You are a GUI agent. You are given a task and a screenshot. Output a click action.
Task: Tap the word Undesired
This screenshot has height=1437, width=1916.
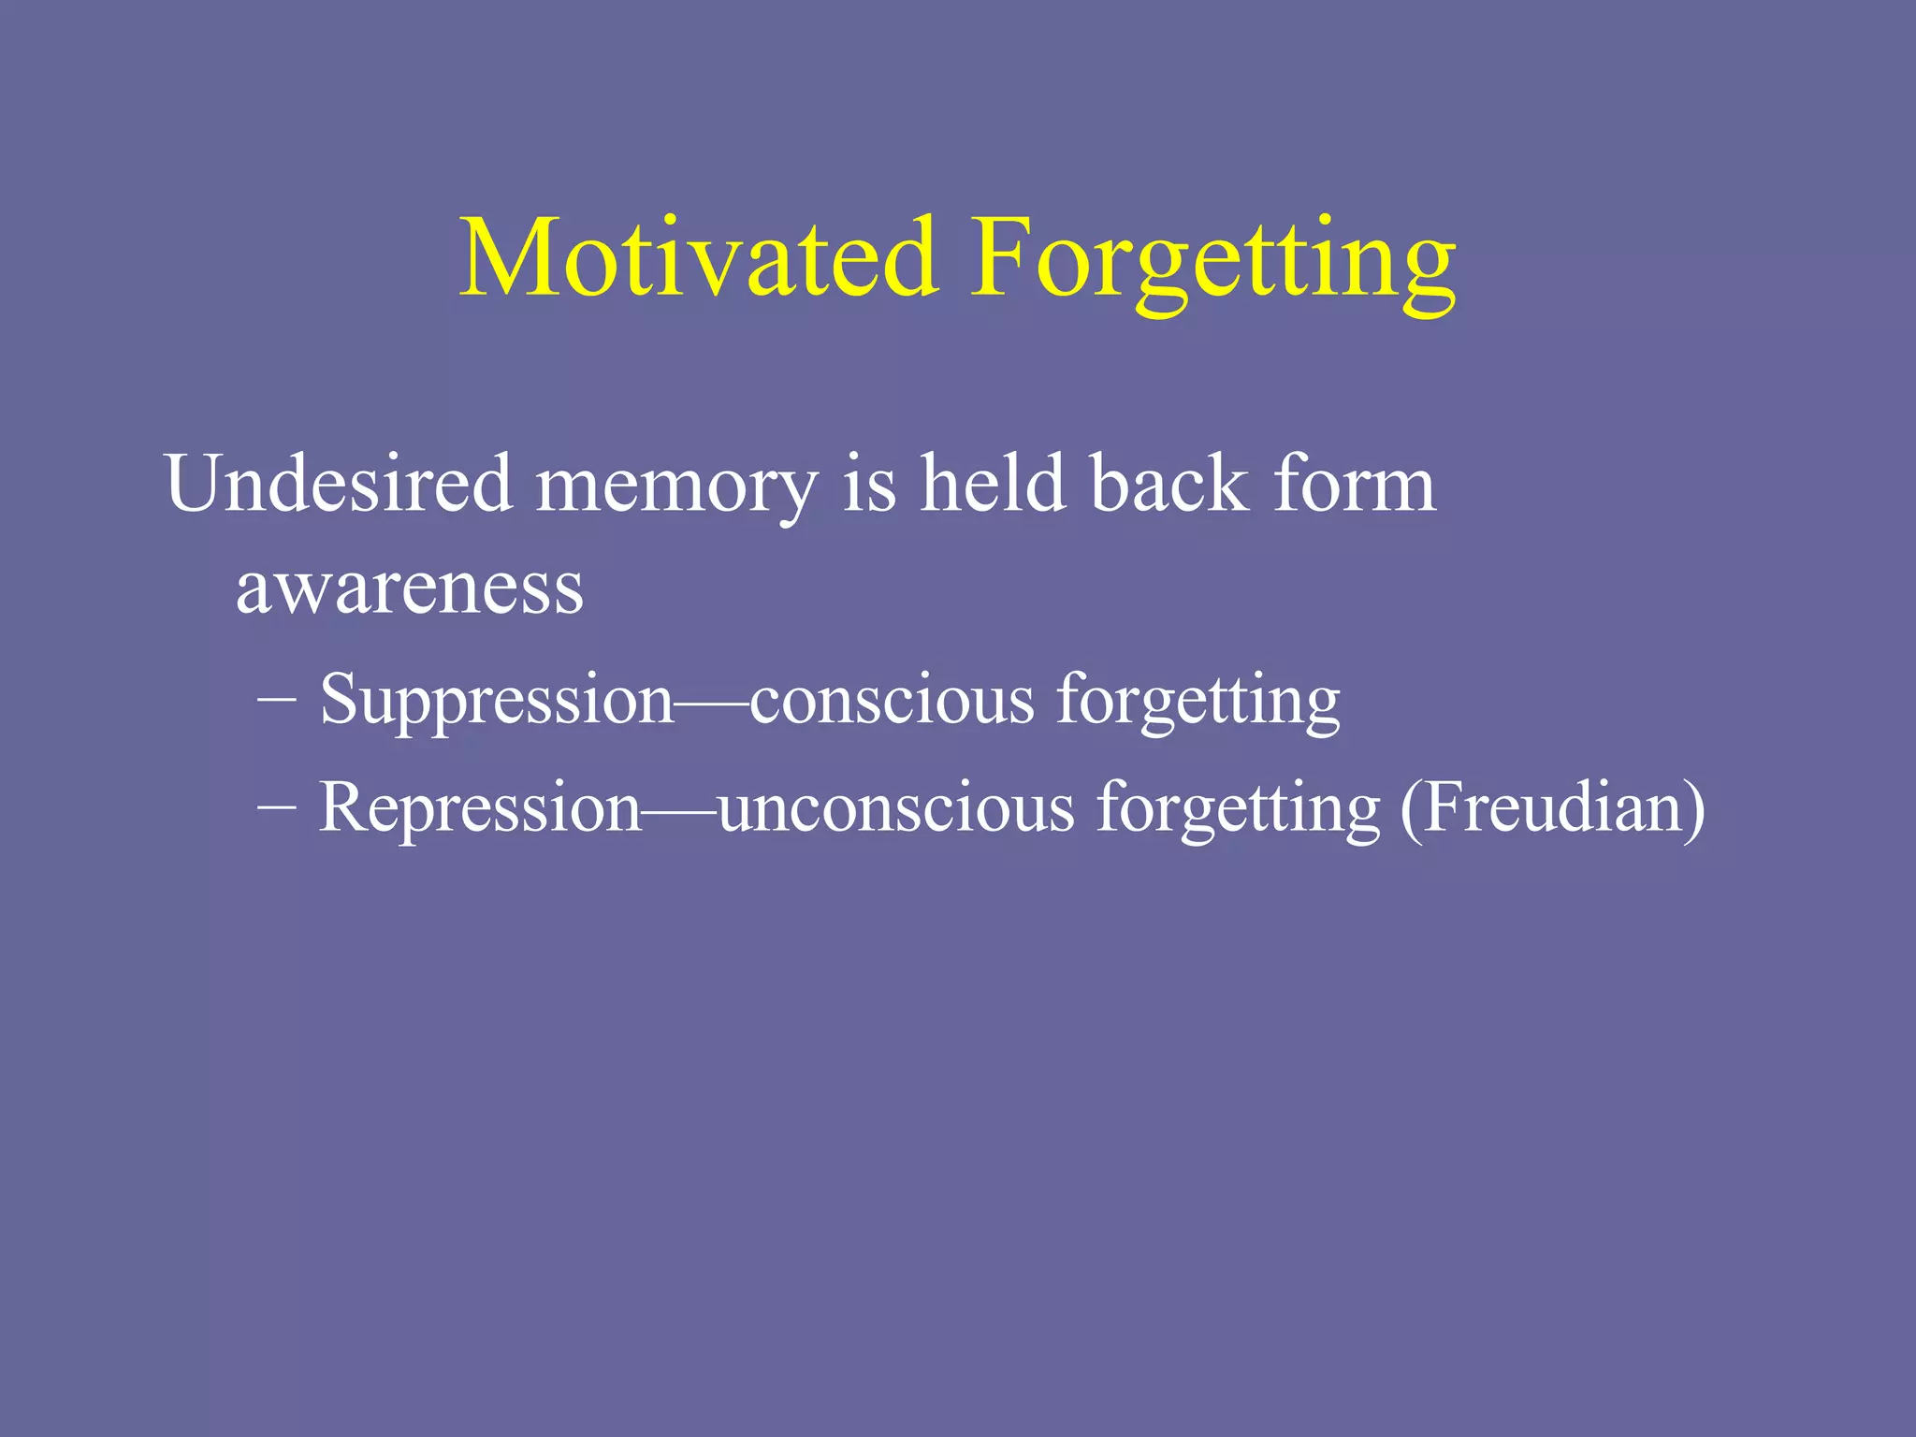tap(339, 484)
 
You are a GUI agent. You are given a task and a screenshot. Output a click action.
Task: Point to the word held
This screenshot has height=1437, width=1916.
tap(993, 484)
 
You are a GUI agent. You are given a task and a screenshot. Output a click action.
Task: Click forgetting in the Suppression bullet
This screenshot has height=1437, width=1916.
tap(1198, 702)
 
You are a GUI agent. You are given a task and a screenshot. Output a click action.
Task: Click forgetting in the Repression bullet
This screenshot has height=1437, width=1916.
tap(1238, 808)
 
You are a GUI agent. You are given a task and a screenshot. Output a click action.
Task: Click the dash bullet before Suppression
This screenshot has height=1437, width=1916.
tap(276, 700)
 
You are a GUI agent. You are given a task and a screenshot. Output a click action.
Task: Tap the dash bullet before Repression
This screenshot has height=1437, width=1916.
tap(276, 806)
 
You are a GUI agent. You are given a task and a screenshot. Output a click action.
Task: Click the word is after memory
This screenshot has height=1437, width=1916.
tap(869, 484)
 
